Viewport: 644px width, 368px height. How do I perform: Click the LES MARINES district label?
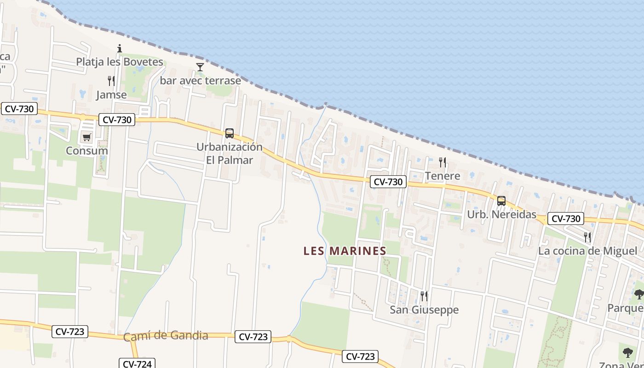pyautogui.click(x=345, y=251)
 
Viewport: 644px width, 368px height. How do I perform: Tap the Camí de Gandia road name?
pyautogui.click(x=166, y=336)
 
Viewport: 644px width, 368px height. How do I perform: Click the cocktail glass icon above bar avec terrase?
pyautogui.click(x=200, y=67)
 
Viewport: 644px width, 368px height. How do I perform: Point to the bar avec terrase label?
pyautogui.click(x=200, y=81)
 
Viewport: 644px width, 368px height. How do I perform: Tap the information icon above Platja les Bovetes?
pyautogui.click(x=120, y=48)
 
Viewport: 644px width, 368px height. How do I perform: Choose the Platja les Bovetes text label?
pyautogui.click(x=120, y=62)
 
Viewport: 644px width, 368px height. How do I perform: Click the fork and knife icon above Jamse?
pyautogui.click(x=111, y=81)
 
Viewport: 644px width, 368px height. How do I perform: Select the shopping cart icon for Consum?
pyautogui.click(x=86, y=137)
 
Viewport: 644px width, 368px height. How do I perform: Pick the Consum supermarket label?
pyautogui.click(x=86, y=151)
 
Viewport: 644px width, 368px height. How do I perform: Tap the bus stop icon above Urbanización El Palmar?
pyautogui.click(x=230, y=133)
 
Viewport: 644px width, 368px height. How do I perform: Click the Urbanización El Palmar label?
pyautogui.click(x=230, y=154)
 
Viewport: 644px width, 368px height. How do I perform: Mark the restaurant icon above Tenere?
pyautogui.click(x=443, y=162)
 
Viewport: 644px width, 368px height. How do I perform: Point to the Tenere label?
pyautogui.click(x=443, y=176)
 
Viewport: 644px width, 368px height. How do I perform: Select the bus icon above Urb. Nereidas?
pyautogui.click(x=501, y=201)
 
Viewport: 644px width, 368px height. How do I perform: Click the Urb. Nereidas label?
pyautogui.click(x=501, y=214)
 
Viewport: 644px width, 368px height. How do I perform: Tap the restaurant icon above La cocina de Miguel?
pyautogui.click(x=587, y=237)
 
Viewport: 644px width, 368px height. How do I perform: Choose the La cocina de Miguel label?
pyautogui.click(x=587, y=251)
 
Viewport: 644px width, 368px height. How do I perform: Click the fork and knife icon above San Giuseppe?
pyautogui.click(x=424, y=296)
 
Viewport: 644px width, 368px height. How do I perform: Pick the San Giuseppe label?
pyautogui.click(x=424, y=310)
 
